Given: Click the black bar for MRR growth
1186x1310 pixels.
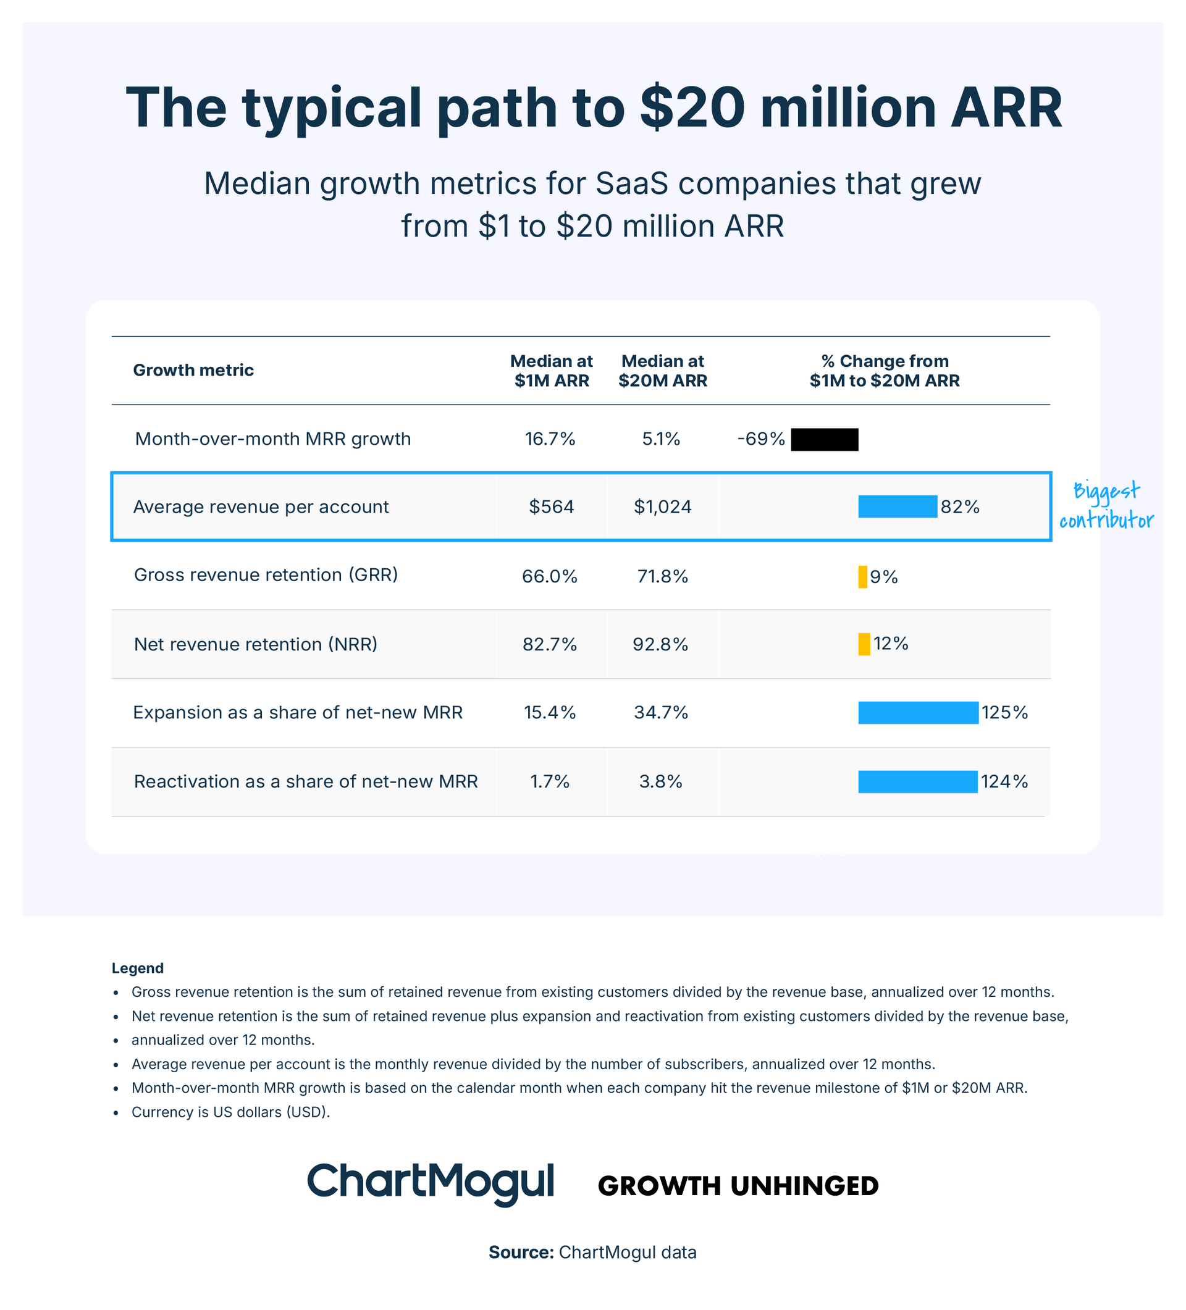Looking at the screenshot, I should [x=824, y=440].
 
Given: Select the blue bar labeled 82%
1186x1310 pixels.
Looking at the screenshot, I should [x=898, y=507].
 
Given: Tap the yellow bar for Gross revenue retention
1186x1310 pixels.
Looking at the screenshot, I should [x=862, y=577].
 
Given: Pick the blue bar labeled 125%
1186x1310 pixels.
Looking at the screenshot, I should [x=918, y=713].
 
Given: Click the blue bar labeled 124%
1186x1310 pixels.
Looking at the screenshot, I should [x=918, y=782].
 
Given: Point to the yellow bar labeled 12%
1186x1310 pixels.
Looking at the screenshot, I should [x=864, y=644].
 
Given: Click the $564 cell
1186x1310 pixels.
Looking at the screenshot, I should [x=551, y=507].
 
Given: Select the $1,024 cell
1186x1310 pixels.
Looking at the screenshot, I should [x=662, y=507].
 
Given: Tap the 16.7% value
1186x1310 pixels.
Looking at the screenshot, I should [x=550, y=439].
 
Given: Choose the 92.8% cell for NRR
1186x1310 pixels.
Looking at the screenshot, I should [x=660, y=645].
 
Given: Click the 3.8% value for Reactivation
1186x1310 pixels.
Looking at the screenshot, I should [x=660, y=782].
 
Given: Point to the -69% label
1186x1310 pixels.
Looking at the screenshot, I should [x=761, y=439].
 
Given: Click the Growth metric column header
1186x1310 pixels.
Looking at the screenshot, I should [x=193, y=371].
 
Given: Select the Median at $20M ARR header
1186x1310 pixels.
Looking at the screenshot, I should [x=662, y=371].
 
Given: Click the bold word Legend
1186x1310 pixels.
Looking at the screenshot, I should [x=137, y=968].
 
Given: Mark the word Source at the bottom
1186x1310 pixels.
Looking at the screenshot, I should [x=521, y=1252].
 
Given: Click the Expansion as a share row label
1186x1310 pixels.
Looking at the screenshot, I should [x=298, y=713].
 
